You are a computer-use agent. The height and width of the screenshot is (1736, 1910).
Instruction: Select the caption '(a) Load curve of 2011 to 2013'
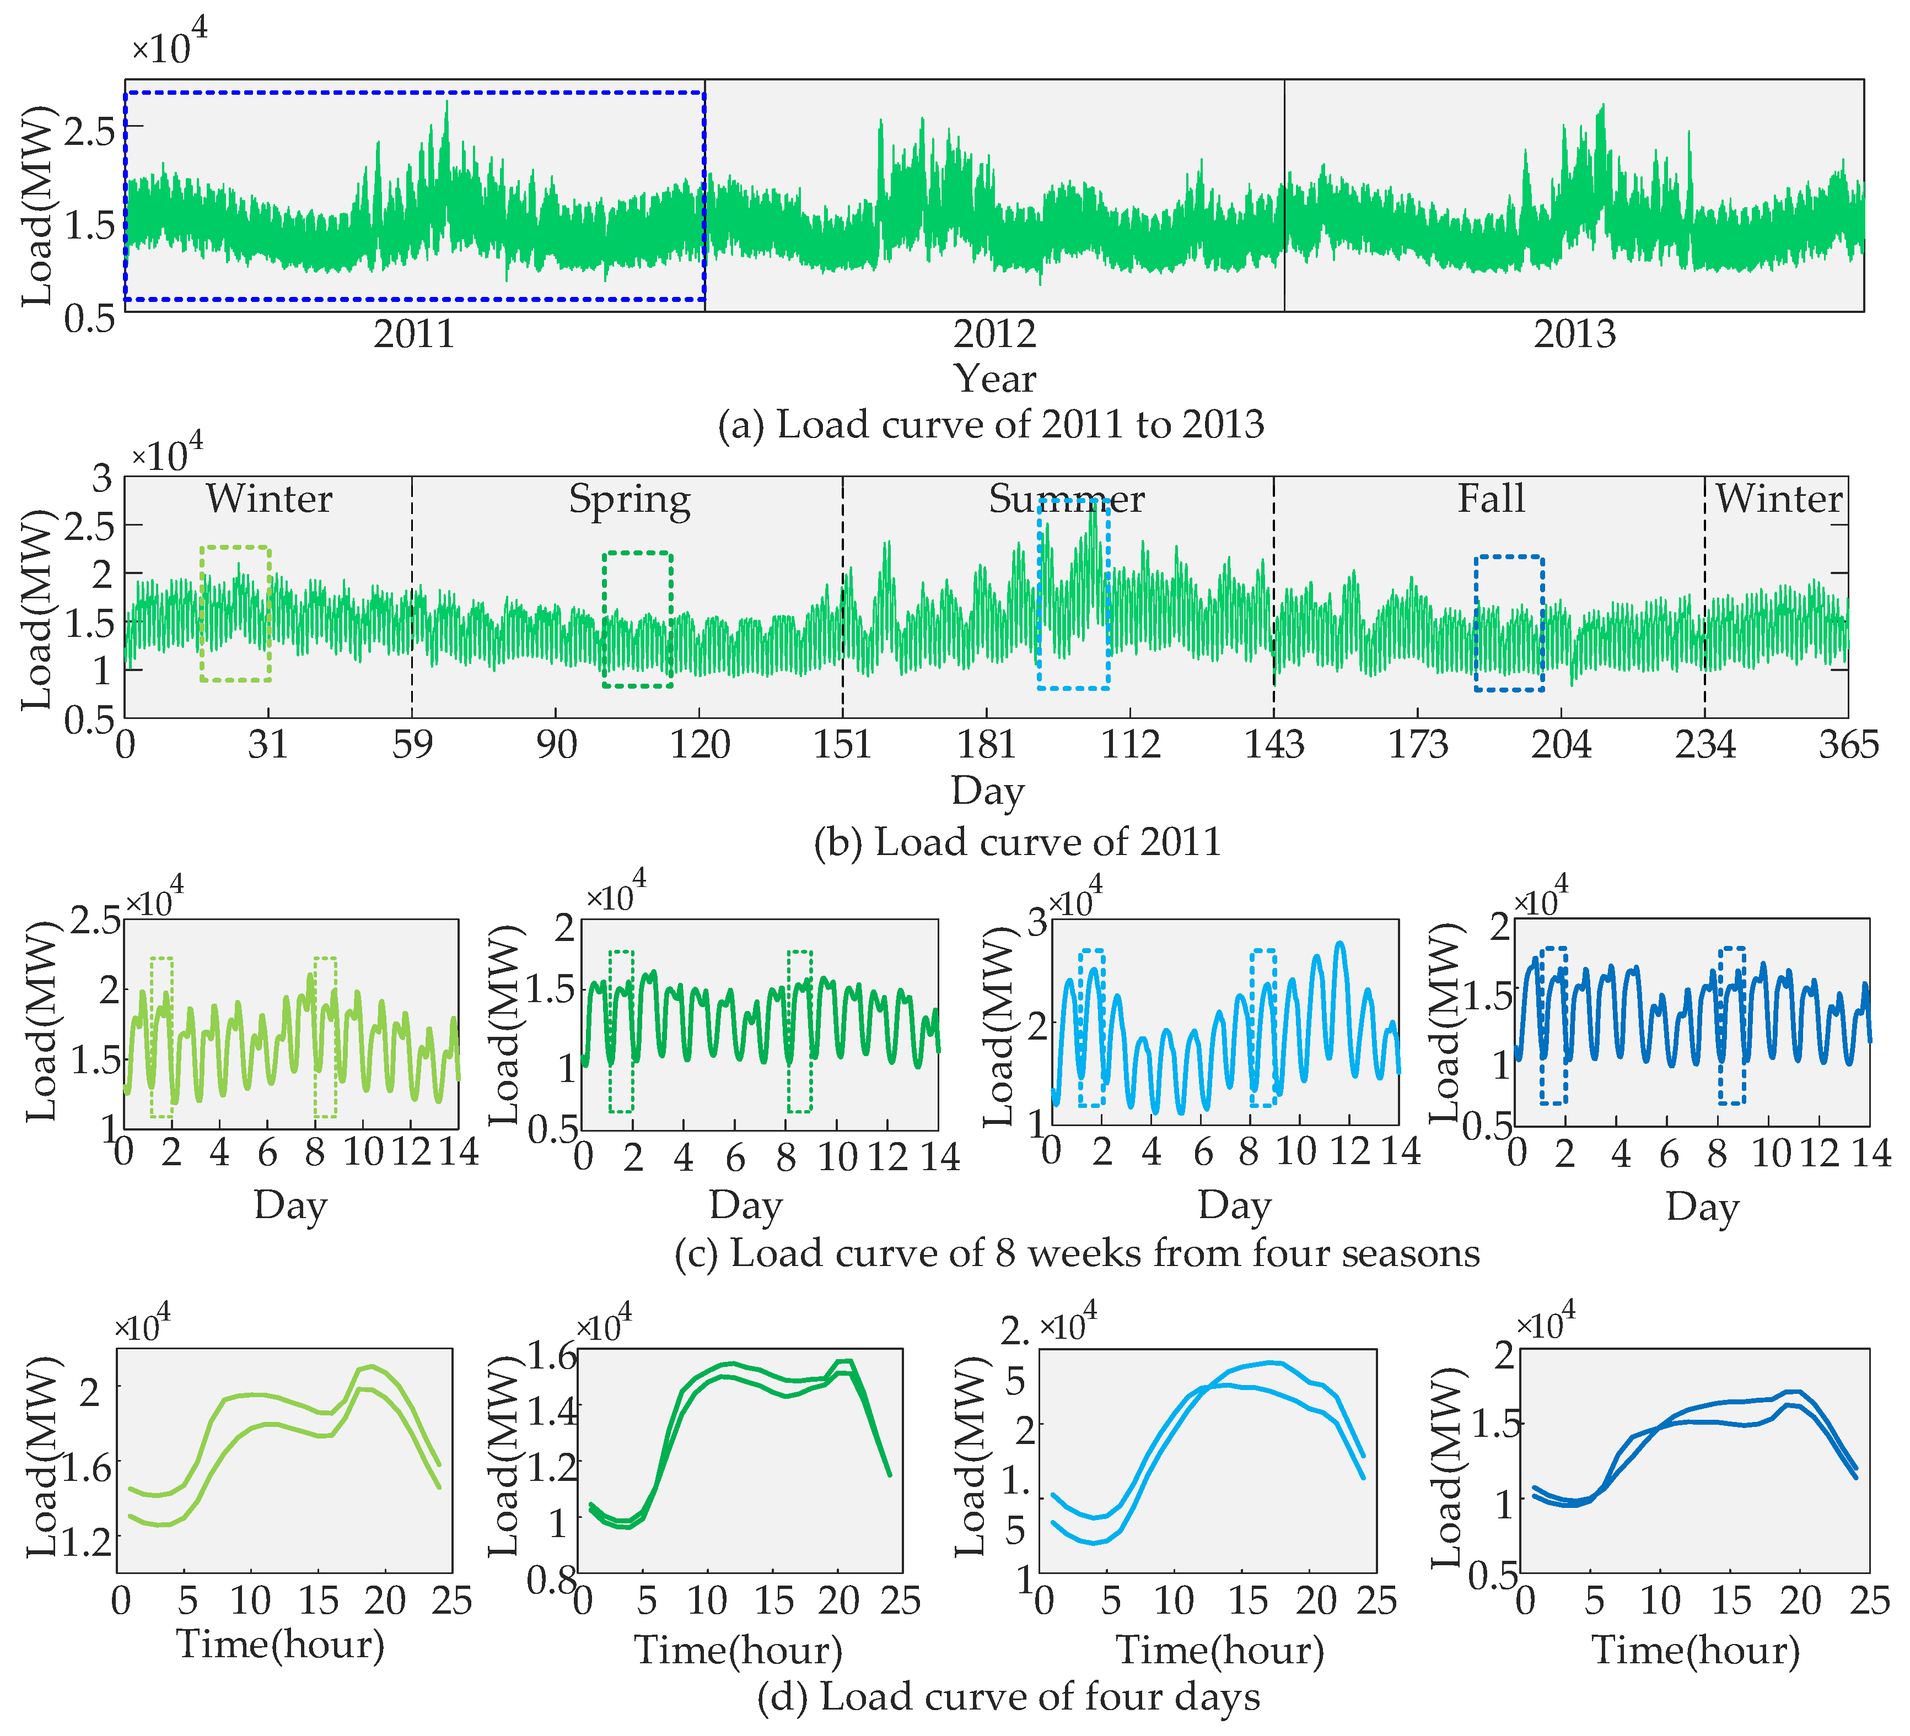click(x=990, y=424)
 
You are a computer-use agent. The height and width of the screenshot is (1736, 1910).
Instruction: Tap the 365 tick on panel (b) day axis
click(x=1848, y=745)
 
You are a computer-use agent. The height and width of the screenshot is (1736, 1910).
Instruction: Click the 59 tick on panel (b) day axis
click(x=412, y=745)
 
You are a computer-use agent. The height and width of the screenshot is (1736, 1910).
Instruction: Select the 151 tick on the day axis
click(x=842, y=745)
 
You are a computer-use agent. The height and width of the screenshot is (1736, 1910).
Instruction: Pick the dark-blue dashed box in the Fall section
click(x=1509, y=623)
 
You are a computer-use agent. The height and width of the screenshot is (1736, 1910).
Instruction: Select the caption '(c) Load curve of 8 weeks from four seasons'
click(x=1076, y=1253)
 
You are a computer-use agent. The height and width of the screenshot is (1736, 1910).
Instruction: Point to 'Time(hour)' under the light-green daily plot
click(x=281, y=1644)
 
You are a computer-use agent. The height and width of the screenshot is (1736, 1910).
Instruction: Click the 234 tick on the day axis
click(x=1704, y=745)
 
